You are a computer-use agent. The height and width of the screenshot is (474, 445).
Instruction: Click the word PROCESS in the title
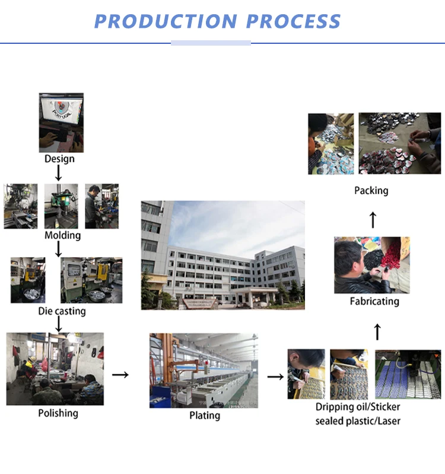pos(294,21)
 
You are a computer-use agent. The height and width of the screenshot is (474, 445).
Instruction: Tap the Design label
pos(59,159)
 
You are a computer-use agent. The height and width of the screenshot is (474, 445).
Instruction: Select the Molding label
pos(62,235)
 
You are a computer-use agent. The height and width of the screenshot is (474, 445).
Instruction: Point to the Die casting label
pos(62,311)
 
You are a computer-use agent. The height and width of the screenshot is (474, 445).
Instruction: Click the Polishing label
pos(58,413)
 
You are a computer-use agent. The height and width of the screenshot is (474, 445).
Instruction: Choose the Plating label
pos(205,415)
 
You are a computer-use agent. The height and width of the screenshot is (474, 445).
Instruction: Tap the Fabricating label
pos(374,301)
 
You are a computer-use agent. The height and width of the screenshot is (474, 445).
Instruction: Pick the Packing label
pos(371,190)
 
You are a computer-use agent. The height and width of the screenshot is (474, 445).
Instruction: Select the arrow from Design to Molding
pos(58,173)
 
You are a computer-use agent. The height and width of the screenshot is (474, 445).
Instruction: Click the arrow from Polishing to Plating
pos(120,374)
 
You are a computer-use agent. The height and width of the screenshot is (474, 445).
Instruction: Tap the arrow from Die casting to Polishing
pos(59,324)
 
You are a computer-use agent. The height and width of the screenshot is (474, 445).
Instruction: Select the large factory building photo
pos(223,255)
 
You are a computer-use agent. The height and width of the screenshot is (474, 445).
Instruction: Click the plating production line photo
pos(204,370)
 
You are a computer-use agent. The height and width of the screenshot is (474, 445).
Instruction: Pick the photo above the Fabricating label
pos(371,265)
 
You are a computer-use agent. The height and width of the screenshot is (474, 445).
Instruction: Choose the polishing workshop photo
pos(55,369)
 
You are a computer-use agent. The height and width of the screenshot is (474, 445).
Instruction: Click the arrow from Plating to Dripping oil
pos(275,376)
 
